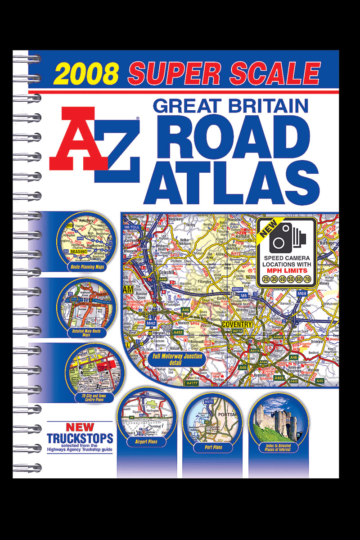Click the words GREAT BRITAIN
point(230,106)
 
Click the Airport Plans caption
point(146,441)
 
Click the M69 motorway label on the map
point(302,293)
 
